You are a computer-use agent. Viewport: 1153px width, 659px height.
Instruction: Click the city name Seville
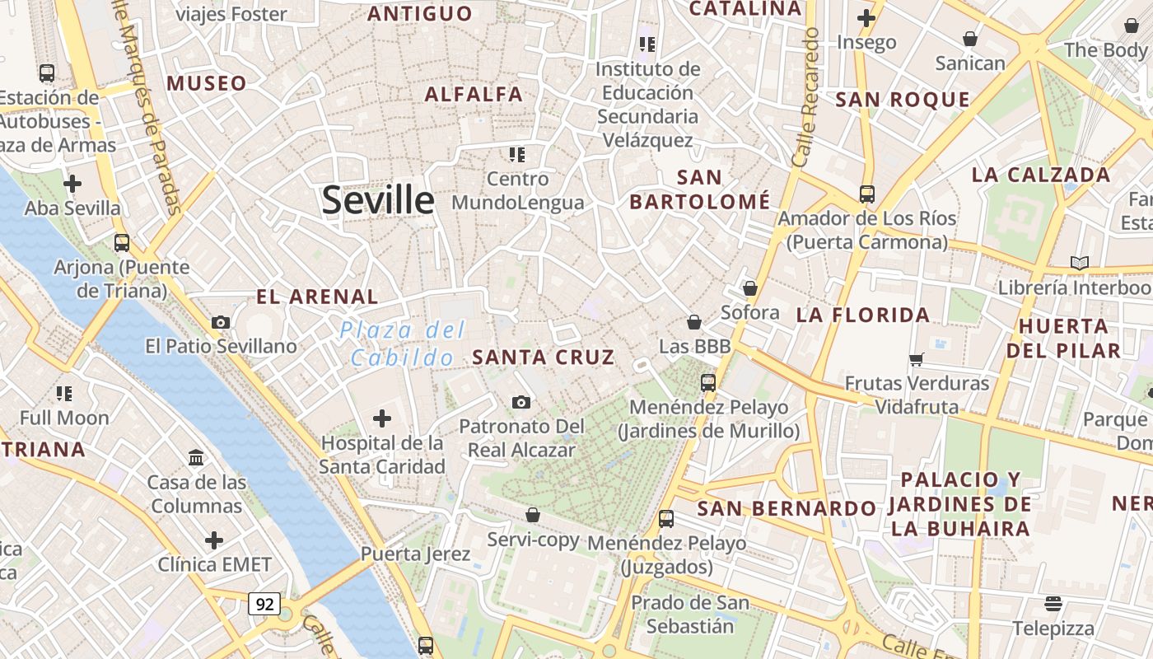point(378,200)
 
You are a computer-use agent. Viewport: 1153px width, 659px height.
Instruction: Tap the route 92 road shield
point(264,604)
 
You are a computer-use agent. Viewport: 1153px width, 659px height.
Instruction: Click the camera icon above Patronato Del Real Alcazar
point(521,402)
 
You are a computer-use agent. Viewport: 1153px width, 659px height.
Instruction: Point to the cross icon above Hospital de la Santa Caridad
point(382,418)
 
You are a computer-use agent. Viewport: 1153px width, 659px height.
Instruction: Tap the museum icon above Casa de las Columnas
point(196,457)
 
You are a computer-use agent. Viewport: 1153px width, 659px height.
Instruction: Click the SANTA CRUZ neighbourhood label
point(544,357)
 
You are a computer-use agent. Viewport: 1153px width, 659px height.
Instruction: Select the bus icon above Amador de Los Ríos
point(867,194)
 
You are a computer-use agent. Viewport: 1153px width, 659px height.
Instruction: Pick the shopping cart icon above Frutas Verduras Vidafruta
point(917,359)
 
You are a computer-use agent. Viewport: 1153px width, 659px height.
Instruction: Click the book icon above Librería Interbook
point(1079,263)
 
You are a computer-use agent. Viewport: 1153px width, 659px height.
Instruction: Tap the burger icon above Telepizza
point(1053,604)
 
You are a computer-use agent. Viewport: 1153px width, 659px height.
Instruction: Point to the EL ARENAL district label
point(317,297)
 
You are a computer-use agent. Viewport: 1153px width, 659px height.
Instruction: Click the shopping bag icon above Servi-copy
point(533,515)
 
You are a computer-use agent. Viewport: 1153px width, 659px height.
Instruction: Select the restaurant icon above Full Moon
point(64,394)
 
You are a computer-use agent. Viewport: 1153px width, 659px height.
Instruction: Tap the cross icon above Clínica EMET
point(214,540)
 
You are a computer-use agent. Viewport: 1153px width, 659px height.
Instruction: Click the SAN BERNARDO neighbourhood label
point(787,508)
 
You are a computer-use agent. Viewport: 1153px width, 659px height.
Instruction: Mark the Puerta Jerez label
point(415,554)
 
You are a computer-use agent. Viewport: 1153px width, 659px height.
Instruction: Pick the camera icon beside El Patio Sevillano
point(221,322)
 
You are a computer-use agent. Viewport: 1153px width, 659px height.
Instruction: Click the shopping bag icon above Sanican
point(970,39)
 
